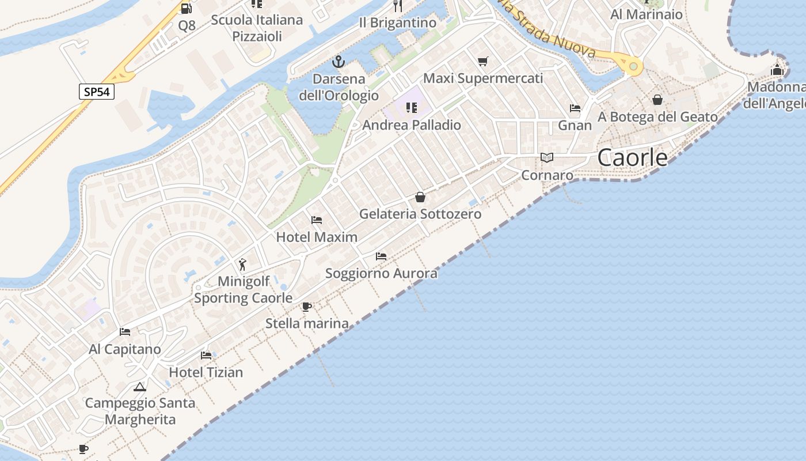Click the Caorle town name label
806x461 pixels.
pos(632,157)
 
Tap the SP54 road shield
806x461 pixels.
pos(97,92)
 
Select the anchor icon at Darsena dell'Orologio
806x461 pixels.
pos(339,62)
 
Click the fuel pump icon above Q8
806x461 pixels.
pos(186,8)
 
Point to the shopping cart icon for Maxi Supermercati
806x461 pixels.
pos(483,62)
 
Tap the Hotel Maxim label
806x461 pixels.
pos(317,237)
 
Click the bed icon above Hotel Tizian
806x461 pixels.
pos(206,356)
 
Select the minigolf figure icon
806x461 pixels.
pos(242,264)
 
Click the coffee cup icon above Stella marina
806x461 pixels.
pos(307,307)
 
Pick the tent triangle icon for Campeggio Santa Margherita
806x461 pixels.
pos(140,387)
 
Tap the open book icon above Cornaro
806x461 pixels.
pos(547,158)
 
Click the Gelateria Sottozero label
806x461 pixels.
pos(420,214)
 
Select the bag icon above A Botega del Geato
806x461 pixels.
pos(657,100)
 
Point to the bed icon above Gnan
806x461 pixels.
pos(575,108)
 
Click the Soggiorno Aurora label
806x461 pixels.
pos(381,273)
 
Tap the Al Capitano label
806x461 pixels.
pos(125,349)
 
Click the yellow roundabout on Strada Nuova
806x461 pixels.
pos(633,67)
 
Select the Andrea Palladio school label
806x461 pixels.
pos(412,125)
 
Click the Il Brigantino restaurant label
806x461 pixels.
pos(398,23)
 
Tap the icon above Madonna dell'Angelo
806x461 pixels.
pos(777,71)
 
